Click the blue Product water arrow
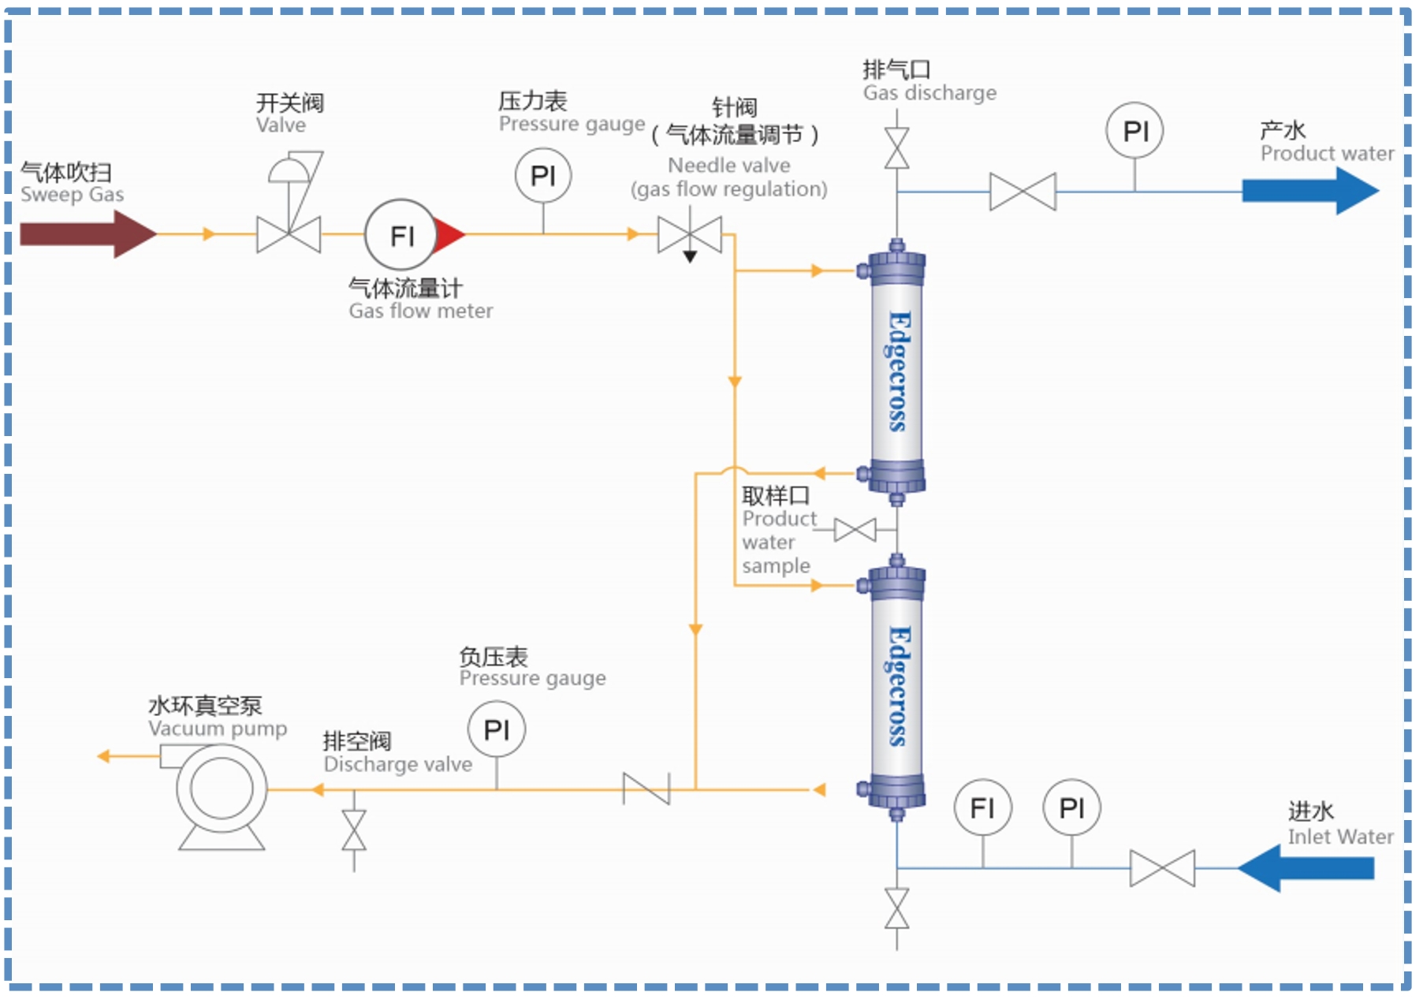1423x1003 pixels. coord(1309,191)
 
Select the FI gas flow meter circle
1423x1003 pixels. coord(401,235)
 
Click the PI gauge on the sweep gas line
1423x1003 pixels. coord(543,175)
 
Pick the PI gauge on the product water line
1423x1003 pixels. coord(1134,131)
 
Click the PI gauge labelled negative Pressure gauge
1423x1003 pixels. coord(497,729)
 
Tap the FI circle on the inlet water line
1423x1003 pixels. coord(982,807)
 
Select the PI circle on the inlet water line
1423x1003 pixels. coord(1071,807)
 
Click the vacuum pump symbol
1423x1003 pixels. coord(222,789)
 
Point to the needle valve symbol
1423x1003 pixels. coord(690,235)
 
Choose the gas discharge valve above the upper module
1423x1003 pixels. coord(896,148)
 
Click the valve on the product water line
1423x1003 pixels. coord(1023,192)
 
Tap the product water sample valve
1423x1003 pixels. coord(855,530)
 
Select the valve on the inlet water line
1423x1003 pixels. coord(1162,868)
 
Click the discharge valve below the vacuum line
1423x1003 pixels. coord(354,830)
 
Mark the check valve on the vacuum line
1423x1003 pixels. coord(646,789)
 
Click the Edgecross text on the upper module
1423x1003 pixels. coord(898,371)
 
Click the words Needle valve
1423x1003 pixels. coord(728,166)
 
